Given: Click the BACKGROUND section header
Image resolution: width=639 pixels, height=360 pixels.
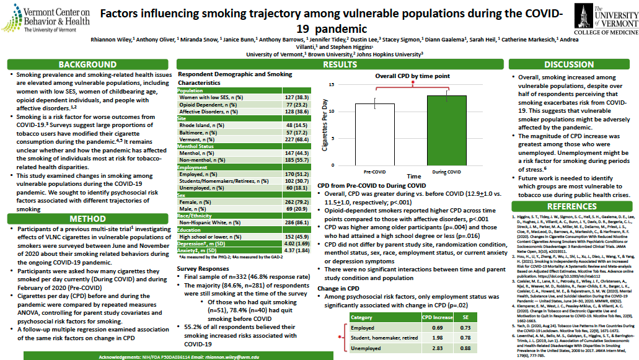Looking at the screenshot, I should click(x=87, y=64).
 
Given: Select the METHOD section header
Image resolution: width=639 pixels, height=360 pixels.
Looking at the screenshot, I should click(x=87, y=218).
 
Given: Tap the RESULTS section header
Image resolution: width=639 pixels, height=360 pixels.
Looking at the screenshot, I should click(x=340, y=64).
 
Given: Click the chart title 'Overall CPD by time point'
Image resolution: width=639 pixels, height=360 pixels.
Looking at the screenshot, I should click(x=412, y=76).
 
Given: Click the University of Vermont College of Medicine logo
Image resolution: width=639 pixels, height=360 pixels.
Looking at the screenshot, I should click(x=604, y=19).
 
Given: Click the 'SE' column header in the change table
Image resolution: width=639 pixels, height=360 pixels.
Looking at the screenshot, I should click(x=466, y=317).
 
